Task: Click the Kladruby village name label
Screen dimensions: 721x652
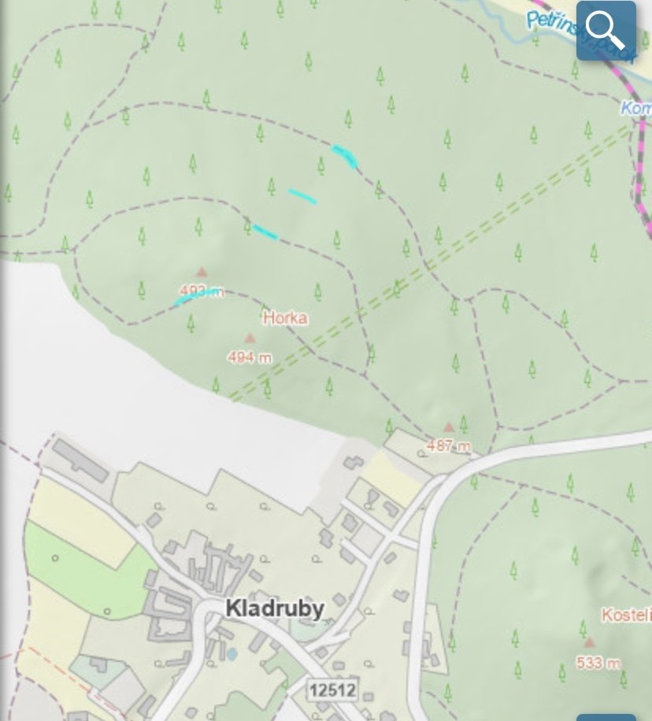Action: point(274,608)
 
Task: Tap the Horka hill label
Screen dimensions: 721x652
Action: point(285,318)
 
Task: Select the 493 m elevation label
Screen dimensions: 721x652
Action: point(202,292)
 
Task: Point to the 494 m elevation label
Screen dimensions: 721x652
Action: point(250,357)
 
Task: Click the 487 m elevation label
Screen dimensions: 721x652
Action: point(448,446)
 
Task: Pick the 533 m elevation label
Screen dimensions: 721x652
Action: point(598,663)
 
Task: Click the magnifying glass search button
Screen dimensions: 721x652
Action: point(606,30)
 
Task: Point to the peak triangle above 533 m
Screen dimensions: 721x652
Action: point(589,643)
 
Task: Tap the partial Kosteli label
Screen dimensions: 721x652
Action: point(627,615)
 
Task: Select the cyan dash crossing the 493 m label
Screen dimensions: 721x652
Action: point(189,296)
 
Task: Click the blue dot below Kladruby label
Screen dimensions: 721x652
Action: point(232,653)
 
